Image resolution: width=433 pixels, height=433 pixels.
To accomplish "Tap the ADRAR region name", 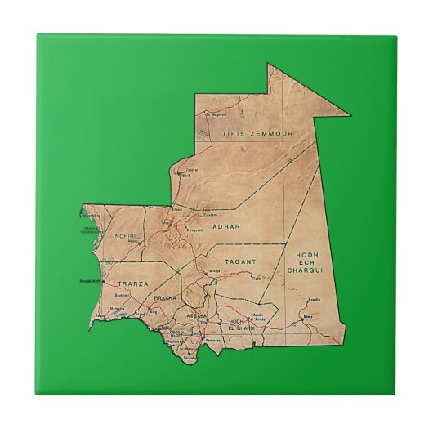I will (x=225, y=225).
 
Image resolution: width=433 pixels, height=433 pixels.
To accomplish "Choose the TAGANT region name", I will (x=242, y=262).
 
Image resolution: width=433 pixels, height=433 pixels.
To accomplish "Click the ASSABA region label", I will (x=197, y=314).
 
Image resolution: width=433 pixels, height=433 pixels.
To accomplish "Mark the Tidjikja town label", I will (x=213, y=270).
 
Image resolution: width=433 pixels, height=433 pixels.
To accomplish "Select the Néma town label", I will (x=308, y=315).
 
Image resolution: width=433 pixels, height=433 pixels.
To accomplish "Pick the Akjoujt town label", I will (x=132, y=242).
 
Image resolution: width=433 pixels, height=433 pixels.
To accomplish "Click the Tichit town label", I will (x=256, y=278).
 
